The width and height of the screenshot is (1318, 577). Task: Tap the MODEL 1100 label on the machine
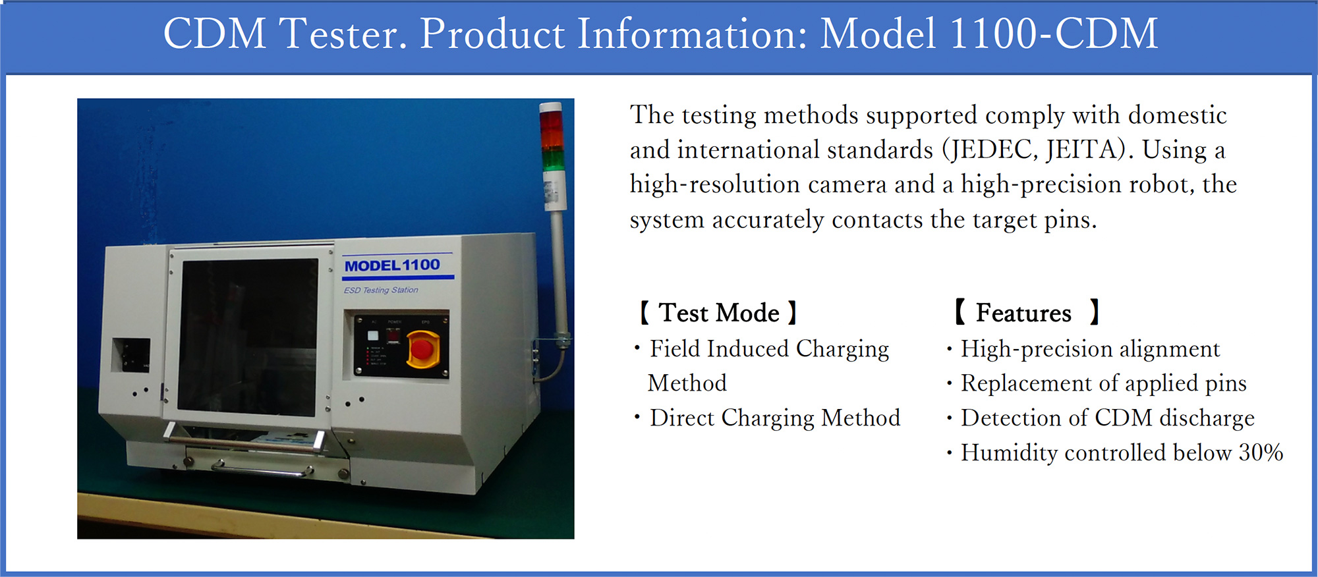click(x=392, y=265)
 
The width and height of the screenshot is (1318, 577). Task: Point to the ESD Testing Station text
click(x=381, y=290)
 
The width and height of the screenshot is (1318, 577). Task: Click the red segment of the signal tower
click(x=551, y=121)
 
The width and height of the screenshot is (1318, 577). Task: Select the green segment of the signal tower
click(x=553, y=159)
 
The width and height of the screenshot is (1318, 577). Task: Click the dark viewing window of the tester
click(x=248, y=337)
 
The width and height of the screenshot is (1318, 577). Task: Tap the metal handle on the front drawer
click(x=262, y=470)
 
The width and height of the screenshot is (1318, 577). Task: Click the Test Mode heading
click(x=719, y=313)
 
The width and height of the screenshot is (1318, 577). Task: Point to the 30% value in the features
click(x=1261, y=453)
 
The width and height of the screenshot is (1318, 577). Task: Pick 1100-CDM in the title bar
click(x=1054, y=34)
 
